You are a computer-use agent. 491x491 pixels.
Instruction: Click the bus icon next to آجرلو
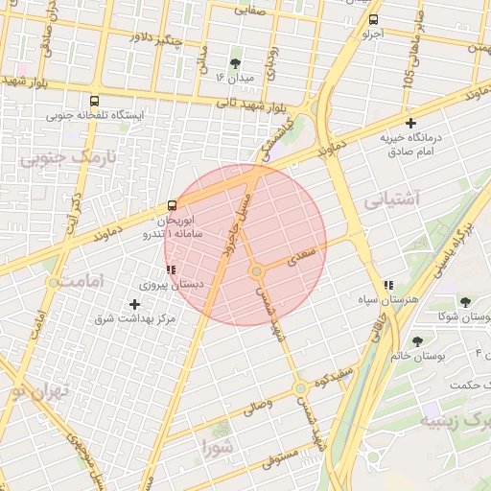[x=373, y=19]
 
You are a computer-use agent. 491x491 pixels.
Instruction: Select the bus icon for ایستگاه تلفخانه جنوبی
[x=94, y=100]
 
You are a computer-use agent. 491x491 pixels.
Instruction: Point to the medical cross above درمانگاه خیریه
[x=411, y=123]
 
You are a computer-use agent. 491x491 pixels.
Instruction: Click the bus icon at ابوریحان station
[x=172, y=205]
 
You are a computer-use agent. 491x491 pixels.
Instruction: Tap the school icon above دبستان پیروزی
[x=171, y=270]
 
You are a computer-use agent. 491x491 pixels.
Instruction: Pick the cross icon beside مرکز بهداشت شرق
[x=133, y=304]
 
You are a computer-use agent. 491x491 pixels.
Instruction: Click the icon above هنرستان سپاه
[x=388, y=285]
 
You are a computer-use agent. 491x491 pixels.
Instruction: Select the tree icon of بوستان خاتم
[x=417, y=340]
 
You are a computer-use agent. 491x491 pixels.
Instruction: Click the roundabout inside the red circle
[x=256, y=271]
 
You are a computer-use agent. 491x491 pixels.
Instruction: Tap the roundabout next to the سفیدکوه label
[x=301, y=387]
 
